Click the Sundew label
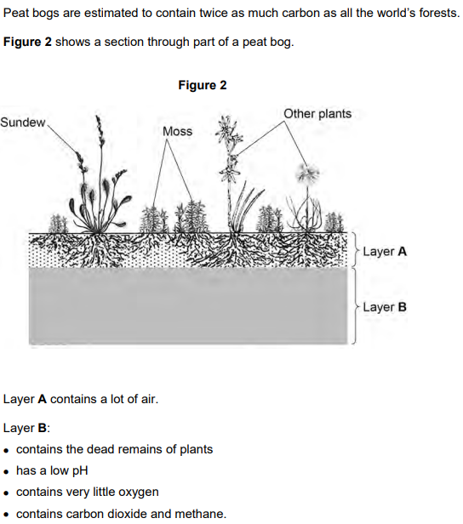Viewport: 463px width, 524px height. pyautogui.click(x=23, y=122)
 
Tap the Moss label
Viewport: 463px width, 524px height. pyautogui.click(x=177, y=131)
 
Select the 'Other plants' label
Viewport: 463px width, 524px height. pyautogui.click(x=317, y=114)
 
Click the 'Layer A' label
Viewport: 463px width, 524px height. pyautogui.click(x=385, y=252)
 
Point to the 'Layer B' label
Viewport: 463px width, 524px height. pyautogui.click(x=385, y=306)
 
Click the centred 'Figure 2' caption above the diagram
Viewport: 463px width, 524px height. pyautogui.click(x=203, y=85)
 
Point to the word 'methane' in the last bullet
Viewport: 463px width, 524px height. pyautogui.click(x=201, y=513)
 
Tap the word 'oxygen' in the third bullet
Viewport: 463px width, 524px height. pyautogui.click(x=138, y=492)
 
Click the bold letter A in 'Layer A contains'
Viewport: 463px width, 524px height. pyautogui.click(x=41, y=399)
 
